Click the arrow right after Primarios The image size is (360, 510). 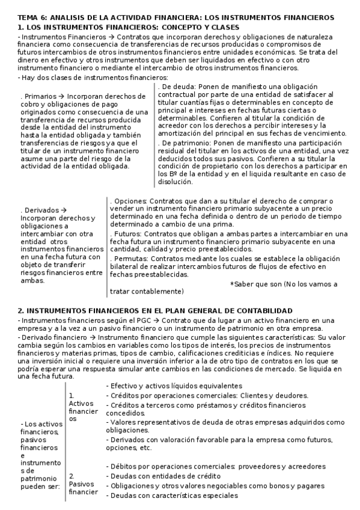(x=62, y=96)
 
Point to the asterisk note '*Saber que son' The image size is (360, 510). (x=257, y=284)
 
